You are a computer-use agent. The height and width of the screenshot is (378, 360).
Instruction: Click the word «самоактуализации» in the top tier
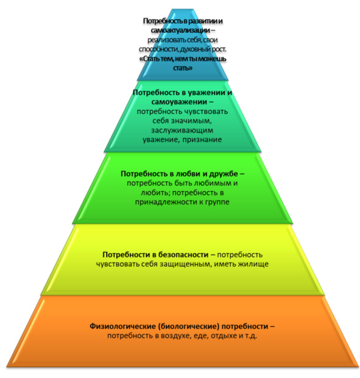(x=180, y=30)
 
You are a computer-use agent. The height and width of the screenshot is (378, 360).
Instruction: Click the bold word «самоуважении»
(x=179, y=102)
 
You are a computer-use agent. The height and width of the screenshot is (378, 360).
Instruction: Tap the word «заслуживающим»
(x=182, y=130)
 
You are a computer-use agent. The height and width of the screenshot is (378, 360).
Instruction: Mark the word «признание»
(x=202, y=139)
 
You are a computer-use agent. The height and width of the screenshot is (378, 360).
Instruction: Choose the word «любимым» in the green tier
(x=213, y=183)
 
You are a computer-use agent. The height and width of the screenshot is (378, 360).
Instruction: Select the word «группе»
(x=217, y=202)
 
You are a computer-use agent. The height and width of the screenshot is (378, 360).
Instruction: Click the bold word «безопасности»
(x=184, y=254)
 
